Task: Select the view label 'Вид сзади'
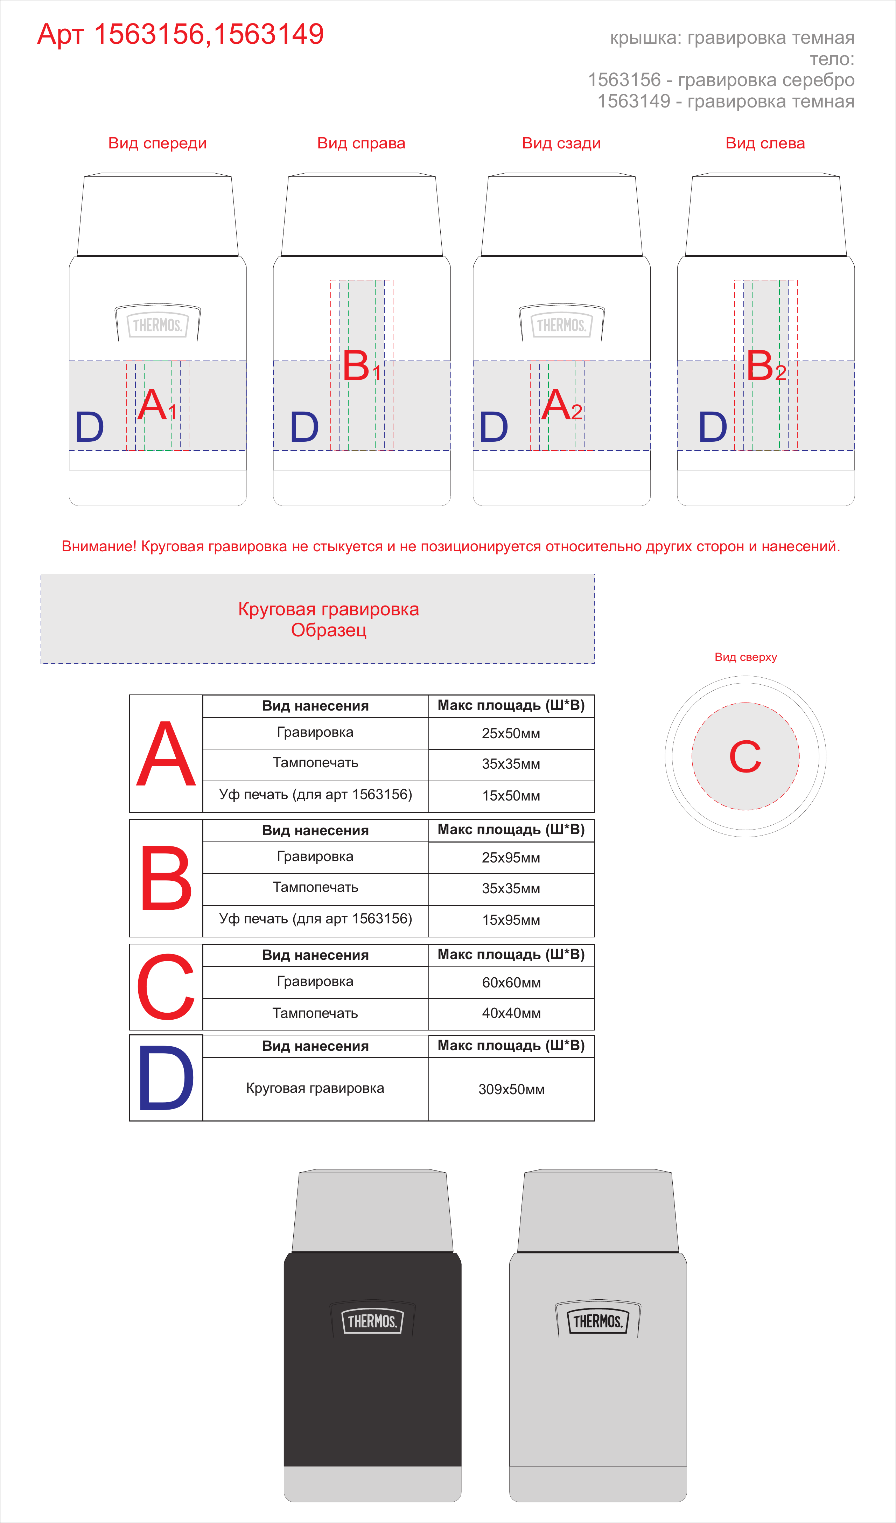[x=561, y=143]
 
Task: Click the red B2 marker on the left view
[x=766, y=366]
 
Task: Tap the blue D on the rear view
[x=493, y=427]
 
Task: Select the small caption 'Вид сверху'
[x=745, y=657]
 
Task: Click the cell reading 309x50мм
[x=511, y=1089]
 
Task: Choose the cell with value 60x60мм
[x=511, y=982]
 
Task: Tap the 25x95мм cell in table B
[x=511, y=858]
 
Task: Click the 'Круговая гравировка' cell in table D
[x=315, y=1089]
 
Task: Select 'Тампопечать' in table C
[x=315, y=1013]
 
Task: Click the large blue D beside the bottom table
[x=166, y=1079]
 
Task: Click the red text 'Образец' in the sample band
[x=329, y=630]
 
